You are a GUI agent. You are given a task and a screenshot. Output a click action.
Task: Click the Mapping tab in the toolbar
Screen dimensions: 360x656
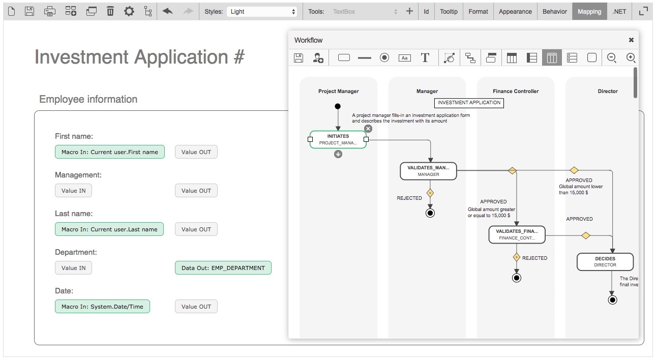tap(589, 11)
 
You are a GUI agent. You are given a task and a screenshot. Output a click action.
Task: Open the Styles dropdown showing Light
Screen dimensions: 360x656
tap(262, 11)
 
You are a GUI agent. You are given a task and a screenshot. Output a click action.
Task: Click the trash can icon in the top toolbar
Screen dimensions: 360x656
tap(110, 11)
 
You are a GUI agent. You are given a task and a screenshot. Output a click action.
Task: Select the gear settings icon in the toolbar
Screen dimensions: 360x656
tap(129, 11)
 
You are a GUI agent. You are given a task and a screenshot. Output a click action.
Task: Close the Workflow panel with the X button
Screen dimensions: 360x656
tap(631, 40)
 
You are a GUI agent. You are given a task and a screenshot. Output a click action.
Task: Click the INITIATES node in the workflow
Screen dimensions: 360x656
tap(338, 139)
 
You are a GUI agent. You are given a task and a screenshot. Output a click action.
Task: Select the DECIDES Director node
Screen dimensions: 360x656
tap(605, 262)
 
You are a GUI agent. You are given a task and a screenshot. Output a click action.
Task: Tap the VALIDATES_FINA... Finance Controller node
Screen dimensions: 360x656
tap(517, 234)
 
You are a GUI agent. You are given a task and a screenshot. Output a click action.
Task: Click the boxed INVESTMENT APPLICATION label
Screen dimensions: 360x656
tap(469, 103)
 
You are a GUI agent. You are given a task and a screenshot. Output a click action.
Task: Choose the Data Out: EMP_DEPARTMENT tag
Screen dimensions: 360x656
tap(223, 268)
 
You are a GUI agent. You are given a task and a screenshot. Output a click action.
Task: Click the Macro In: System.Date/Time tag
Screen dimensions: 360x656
tap(102, 307)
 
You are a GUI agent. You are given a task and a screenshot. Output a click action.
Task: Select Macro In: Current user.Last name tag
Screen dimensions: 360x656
tap(109, 229)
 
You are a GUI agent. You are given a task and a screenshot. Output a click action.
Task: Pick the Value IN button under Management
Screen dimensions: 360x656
tap(73, 191)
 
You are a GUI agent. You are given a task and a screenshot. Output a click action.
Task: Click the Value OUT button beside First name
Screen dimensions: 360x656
tap(196, 152)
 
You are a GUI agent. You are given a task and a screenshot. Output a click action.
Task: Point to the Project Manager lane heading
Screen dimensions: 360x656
tap(338, 92)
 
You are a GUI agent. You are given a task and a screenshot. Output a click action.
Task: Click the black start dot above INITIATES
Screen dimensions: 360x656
tap(338, 106)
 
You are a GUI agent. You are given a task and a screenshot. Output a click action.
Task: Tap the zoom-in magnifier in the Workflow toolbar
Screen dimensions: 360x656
tap(631, 58)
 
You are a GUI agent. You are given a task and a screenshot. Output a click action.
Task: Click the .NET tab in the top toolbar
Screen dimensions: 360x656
tap(619, 11)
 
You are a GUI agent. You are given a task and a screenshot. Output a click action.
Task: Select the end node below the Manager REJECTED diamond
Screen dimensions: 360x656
tap(430, 213)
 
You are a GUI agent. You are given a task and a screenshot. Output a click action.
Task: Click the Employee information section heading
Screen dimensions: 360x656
tap(88, 99)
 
